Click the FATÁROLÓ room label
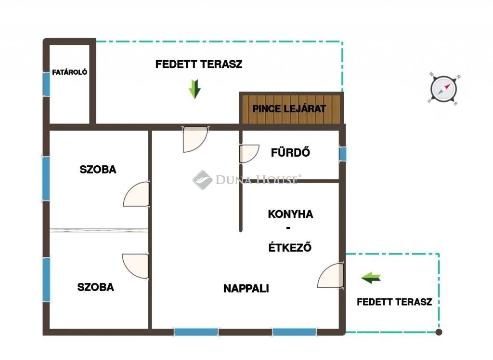pos(69,72)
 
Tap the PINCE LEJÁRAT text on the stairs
pos(289,109)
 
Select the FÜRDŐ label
pos(290,152)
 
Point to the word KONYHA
pos(290,214)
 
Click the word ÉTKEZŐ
pos(290,247)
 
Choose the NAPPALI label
pos(246,288)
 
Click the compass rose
pos(443,89)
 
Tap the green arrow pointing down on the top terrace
pos(195,89)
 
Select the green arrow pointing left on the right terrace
pos(371,278)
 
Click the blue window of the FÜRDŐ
pos(342,154)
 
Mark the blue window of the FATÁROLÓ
pos(46,84)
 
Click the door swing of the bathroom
pos(249,154)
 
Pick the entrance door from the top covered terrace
pos(195,139)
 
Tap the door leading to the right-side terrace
pos(330,276)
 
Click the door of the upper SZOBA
pos(136,194)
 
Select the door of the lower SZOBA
pos(135,266)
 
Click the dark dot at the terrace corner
pos(439,332)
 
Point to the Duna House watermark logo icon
pos(203,180)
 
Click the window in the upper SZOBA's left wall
pos(46,178)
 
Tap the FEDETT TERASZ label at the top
pos(199,64)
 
